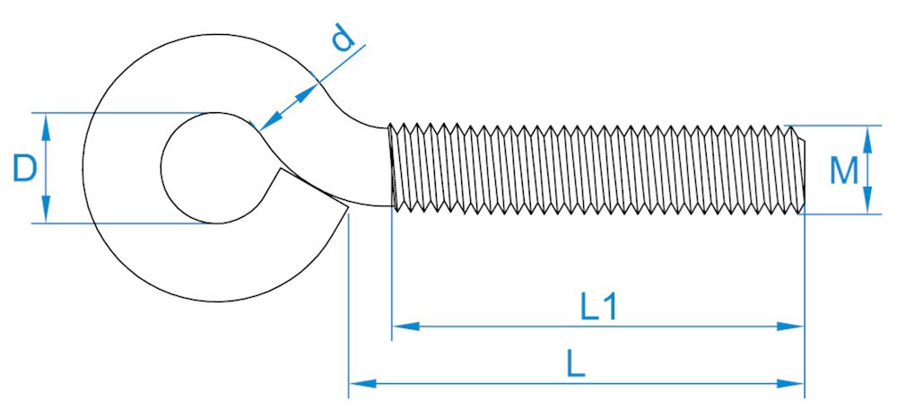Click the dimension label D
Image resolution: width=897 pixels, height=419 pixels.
[25, 168]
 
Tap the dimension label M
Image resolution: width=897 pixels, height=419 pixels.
[844, 170]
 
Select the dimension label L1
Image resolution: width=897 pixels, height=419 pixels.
[597, 308]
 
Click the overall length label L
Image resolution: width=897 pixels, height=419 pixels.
[576, 363]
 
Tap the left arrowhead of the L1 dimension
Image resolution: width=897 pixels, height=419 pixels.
[402, 327]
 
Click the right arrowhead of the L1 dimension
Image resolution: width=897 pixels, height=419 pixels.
[795, 327]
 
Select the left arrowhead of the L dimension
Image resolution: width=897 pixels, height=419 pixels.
[359, 383]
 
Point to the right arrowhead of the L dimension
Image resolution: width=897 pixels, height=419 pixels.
[795, 383]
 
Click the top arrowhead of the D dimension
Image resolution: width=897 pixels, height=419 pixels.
[46, 122]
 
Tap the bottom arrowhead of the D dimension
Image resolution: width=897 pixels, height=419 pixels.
[46, 214]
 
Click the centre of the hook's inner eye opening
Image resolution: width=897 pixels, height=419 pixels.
[212, 168]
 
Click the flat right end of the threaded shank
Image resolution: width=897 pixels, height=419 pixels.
[804, 170]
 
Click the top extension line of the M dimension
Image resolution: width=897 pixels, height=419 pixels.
[834, 125]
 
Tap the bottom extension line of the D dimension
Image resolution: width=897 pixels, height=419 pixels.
[126, 223]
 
